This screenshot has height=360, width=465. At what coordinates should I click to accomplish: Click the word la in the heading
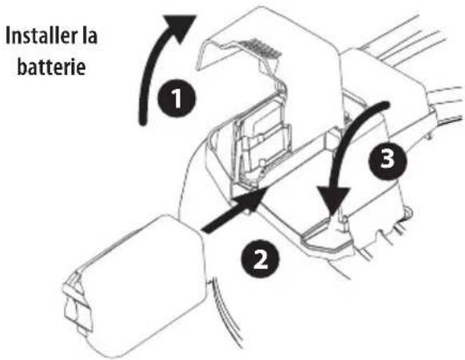coord(94,38)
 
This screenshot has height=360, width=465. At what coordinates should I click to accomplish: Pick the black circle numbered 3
coord(387,160)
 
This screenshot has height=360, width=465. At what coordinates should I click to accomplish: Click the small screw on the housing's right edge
coord(408,214)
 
